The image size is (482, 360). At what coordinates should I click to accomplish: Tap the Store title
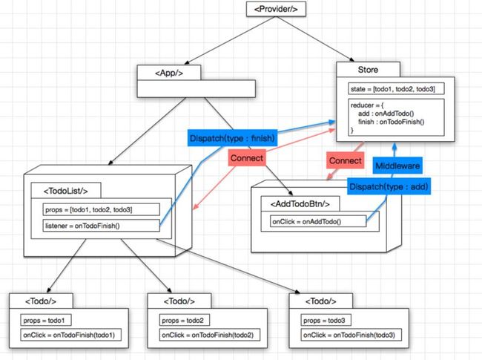(368, 69)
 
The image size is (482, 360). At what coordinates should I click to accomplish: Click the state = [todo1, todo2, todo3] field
(393, 89)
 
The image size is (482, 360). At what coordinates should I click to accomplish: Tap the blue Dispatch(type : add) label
(388, 186)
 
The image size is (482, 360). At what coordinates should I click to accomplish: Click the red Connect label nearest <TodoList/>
(247, 158)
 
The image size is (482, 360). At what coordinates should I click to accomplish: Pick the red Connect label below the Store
(345, 160)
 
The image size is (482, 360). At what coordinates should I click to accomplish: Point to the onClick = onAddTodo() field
(317, 221)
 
